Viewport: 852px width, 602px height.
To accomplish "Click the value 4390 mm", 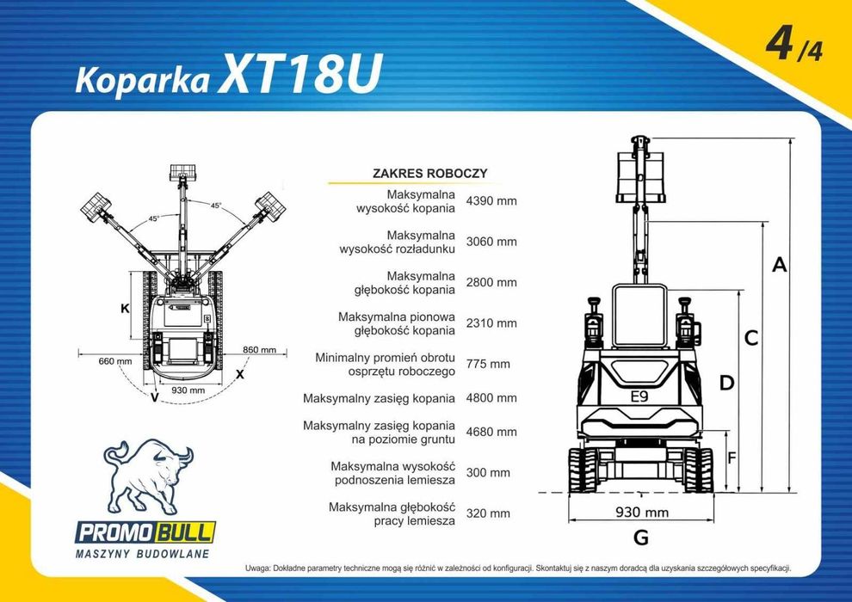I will (x=491, y=201).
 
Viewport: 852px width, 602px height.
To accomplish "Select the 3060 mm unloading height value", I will (x=491, y=242).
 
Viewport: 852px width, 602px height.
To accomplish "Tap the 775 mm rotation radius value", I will (x=488, y=364).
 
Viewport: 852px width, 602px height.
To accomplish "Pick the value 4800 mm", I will (x=491, y=398).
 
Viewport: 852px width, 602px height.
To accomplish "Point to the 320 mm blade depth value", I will (x=488, y=513).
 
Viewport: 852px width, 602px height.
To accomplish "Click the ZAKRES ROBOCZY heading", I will (x=429, y=173).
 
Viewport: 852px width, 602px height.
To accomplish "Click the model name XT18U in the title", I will (x=299, y=77).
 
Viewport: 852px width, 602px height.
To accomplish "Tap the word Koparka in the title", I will (x=143, y=79).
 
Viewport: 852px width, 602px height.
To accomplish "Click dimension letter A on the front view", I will (x=779, y=265).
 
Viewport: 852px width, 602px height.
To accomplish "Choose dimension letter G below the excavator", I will (x=640, y=538).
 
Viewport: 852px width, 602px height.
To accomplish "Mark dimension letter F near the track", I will (x=732, y=458).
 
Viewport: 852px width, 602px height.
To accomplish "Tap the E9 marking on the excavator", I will (x=639, y=396).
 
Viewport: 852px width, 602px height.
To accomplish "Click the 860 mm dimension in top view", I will (x=259, y=350).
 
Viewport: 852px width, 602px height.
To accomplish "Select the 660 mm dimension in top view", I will (x=115, y=360).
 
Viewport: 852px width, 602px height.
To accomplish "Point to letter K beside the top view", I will (x=125, y=307).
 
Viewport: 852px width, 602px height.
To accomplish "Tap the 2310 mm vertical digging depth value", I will (x=491, y=323).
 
